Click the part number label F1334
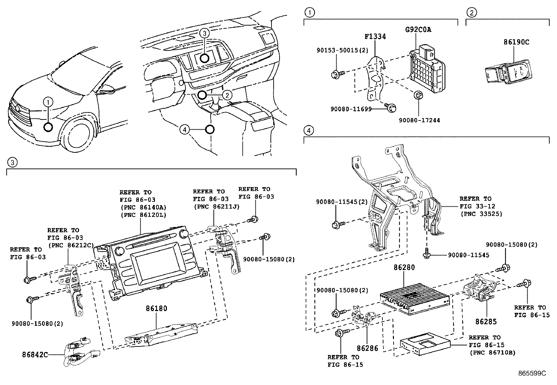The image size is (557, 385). (375, 36)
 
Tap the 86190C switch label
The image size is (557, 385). (516, 42)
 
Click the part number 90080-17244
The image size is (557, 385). (419, 120)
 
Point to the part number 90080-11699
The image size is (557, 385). (351, 109)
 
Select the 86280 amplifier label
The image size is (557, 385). (404, 268)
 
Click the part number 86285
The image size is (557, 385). (486, 321)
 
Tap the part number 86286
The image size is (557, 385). (367, 349)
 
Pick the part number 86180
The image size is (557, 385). (156, 309)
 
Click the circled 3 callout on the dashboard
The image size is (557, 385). (205, 34)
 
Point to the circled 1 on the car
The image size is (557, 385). (48, 102)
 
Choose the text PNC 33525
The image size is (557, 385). (481, 214)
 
